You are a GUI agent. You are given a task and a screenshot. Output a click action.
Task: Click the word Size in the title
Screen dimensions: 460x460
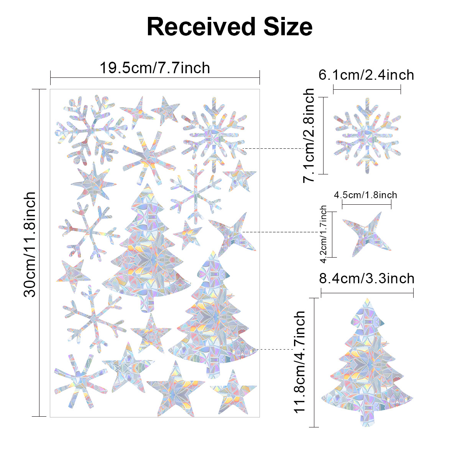284,27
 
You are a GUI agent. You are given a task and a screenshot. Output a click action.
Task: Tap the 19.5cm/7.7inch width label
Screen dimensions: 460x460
155,68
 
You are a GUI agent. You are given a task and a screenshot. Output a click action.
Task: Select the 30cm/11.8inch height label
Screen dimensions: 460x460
30,244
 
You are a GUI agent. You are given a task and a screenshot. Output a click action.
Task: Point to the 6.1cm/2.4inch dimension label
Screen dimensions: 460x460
366,75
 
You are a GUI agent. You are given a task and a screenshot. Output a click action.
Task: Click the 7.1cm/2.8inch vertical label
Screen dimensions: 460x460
309,135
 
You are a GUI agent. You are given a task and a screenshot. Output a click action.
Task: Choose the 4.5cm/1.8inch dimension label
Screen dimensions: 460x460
366,195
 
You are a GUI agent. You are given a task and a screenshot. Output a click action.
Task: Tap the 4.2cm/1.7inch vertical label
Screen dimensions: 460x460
324,234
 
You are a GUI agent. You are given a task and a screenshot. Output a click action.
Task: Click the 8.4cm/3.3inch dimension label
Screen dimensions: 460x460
367,278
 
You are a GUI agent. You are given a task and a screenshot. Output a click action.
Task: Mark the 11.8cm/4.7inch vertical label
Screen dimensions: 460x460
300,361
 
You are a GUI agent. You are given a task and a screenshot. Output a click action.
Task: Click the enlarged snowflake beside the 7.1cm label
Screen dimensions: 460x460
367,136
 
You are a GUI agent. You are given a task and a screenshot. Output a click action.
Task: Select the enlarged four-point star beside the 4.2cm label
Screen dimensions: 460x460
366,235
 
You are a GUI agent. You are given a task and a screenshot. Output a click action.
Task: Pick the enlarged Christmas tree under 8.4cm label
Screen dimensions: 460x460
367,360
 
